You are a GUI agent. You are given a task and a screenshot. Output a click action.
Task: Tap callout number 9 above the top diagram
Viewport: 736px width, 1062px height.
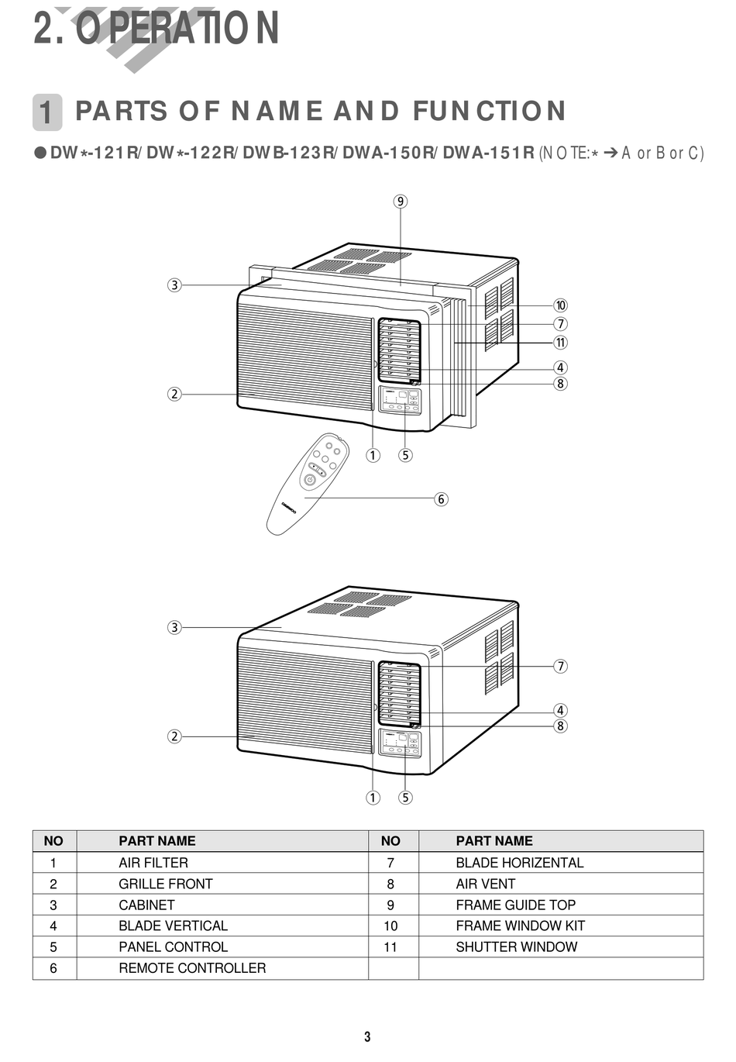400,202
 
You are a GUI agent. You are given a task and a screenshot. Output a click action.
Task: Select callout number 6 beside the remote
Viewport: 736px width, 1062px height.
441,499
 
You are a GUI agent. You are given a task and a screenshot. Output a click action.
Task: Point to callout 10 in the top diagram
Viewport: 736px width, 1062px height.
560,305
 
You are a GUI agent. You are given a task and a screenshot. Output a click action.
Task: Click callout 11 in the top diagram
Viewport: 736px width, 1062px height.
560,343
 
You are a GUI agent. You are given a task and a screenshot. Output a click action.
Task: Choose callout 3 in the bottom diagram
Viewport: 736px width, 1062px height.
174,627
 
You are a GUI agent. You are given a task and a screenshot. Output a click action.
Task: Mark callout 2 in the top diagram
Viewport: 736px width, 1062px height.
174,394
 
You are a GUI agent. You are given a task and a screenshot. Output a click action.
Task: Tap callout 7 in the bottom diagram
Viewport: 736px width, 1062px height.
560,666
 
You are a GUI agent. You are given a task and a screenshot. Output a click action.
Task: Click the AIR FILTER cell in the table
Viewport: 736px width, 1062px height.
153,863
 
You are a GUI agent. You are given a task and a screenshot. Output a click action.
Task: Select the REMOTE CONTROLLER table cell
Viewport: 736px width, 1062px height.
192,968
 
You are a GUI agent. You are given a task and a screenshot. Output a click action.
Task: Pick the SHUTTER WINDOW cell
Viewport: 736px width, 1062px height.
516,947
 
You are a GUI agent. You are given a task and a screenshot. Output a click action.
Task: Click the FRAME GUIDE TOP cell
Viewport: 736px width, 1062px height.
515,905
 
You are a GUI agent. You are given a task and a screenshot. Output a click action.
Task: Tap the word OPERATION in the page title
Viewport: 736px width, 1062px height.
177,29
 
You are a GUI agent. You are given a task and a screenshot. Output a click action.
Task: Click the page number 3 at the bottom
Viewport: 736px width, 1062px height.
367,1037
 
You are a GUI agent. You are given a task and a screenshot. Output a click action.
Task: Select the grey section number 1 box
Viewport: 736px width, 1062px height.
47,112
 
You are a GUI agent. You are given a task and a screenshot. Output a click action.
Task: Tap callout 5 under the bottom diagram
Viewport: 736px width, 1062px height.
405,798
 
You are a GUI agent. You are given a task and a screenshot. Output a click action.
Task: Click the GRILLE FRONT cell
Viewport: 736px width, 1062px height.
165,884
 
